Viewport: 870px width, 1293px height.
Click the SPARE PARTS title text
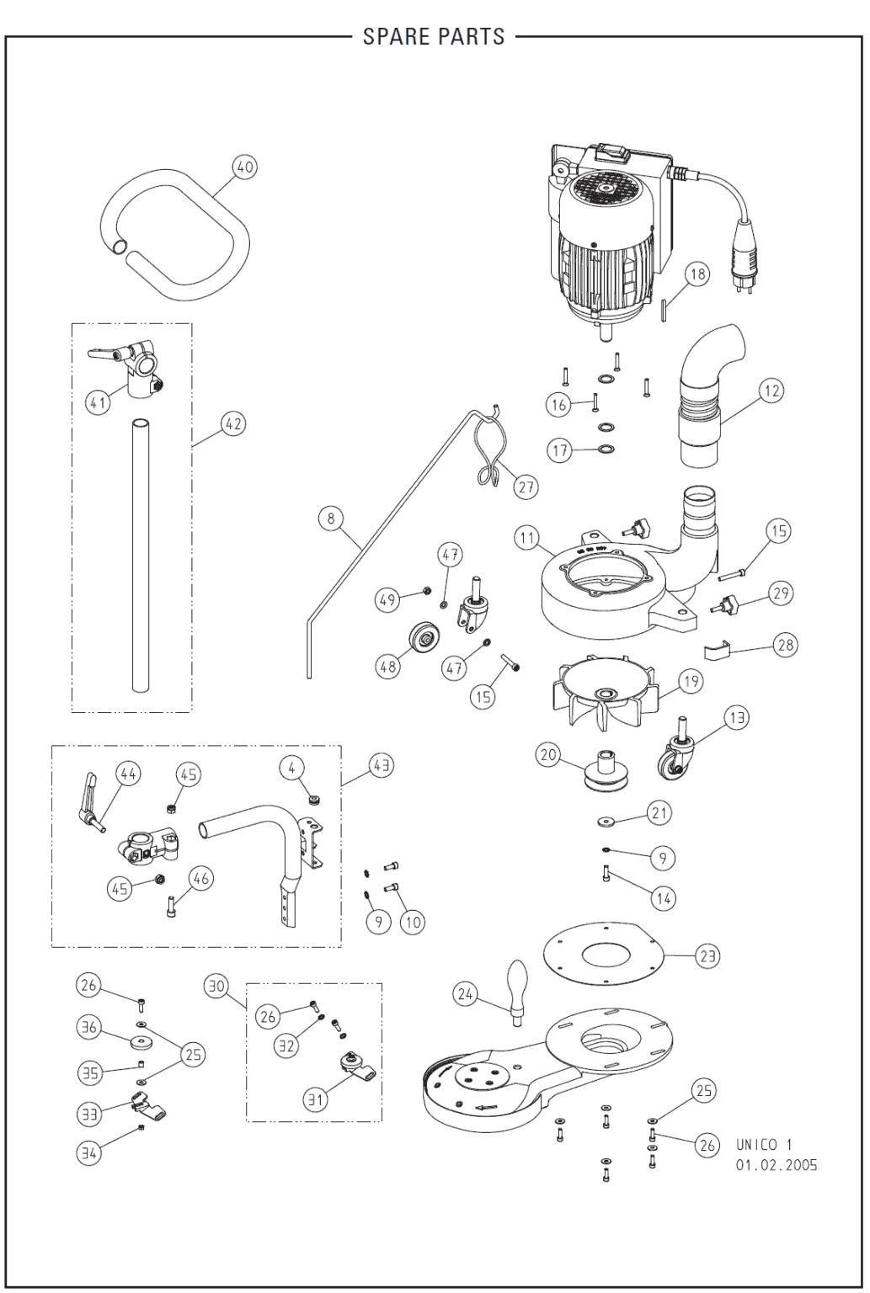pos(434,36)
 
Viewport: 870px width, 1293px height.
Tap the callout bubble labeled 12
pos(770,390)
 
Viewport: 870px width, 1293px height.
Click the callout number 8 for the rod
pos(331,518)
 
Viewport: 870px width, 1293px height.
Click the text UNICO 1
pos(764,1145)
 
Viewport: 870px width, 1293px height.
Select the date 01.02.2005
pos(776,1166)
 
